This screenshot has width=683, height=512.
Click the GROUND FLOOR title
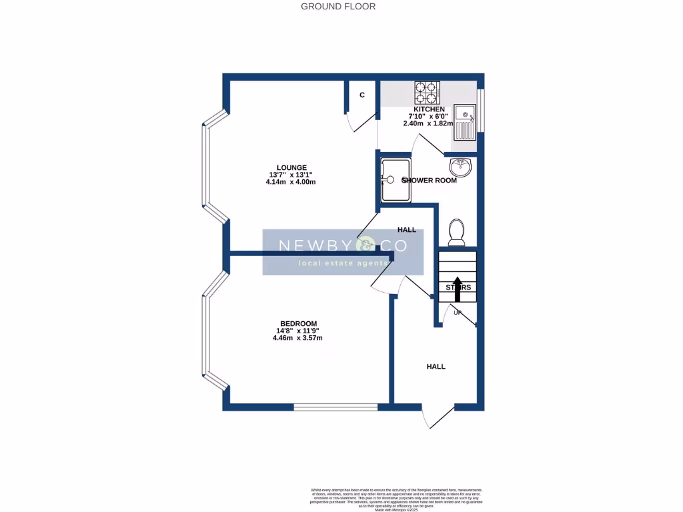click(x=338, y=7)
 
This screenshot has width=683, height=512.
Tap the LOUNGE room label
click(x=291, y=167)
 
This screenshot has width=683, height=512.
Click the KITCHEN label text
click(x=429, y=109)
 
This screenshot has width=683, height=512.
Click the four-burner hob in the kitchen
click(x=428, y=91)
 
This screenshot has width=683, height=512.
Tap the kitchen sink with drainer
click(x=464, y=122)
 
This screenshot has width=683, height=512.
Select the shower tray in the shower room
click(x=395, y=179)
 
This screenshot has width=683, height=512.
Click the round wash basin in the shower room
click(x=461, y=165)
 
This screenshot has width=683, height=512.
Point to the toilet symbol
click(x=458, y=231)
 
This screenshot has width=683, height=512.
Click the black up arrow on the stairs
click(x=458, y=289)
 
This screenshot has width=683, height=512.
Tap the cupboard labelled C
click(x=362, y=95)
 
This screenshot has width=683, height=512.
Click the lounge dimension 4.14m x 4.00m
click(x=290, y=182)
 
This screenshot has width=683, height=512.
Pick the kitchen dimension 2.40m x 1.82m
click(x=428, y=123)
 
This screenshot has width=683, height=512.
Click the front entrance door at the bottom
click(x=438, y=416)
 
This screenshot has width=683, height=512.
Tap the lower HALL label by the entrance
click(x=436, y=366)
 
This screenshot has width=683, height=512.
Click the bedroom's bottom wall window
click(x=335, y=406)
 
